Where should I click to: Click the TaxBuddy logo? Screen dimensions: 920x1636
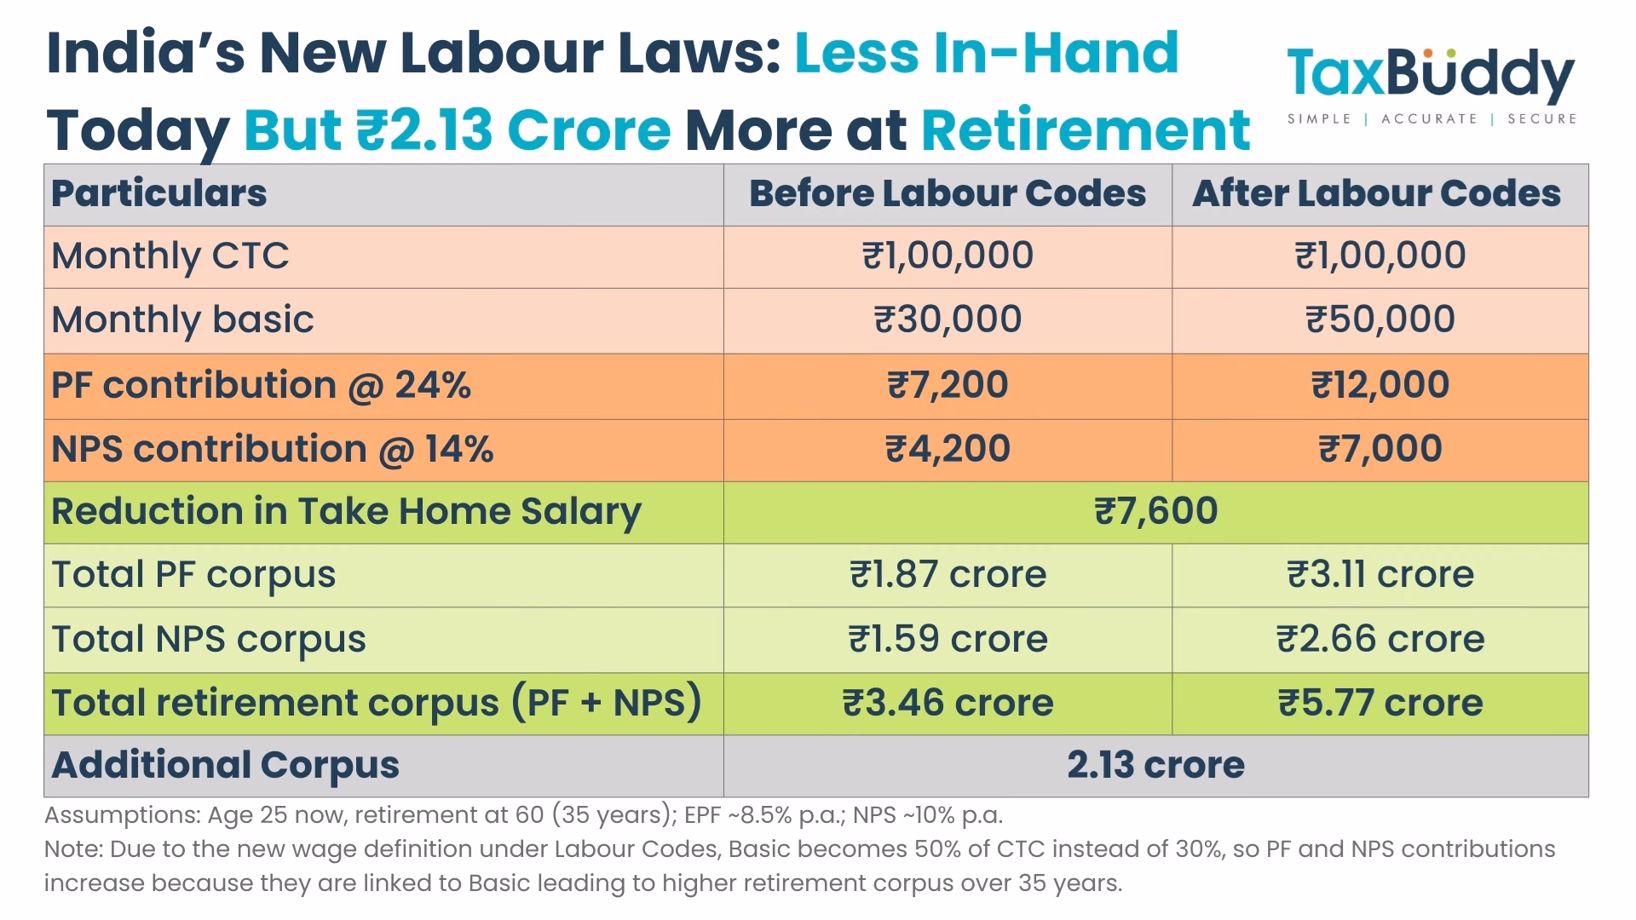point(1431,83)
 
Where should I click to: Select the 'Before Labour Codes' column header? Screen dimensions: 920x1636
point(947,193)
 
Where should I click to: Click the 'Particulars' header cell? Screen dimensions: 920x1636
point(158,193)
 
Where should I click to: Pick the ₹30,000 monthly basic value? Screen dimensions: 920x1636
point(948,319)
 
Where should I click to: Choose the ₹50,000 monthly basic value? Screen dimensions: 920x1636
point(1380,319)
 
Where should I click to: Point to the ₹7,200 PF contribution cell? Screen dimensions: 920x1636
point(948,385)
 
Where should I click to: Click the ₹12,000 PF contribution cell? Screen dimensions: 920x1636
point(1380,385)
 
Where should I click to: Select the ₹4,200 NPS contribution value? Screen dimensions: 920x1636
point(948,449)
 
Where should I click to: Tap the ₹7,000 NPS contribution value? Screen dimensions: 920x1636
point(1380,449)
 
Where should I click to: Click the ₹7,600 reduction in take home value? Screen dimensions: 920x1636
point(1155,511)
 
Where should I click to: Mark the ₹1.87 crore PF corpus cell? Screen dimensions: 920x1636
point(948,574)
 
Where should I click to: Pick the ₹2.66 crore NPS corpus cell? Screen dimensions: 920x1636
point(1380,639)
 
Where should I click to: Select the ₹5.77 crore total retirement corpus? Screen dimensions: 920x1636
point(1380,704)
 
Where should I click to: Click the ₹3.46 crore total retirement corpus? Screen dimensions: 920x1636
point(948,704)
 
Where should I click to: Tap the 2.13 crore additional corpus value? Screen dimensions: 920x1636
point(1155,765)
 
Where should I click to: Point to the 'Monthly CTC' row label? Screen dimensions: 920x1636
point(170,256)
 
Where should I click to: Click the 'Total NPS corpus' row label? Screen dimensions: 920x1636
point(209,639)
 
